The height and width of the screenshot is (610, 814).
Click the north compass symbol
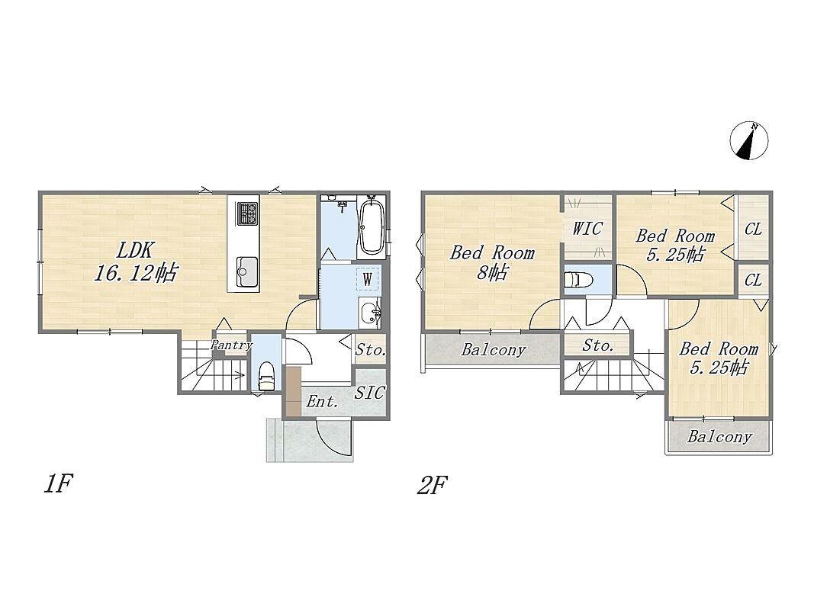tap(749, 140)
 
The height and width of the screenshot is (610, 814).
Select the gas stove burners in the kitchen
tap(248, 213)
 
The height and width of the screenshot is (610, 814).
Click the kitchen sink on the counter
tap(248, 271)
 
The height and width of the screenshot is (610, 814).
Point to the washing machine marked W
tap(367, 280)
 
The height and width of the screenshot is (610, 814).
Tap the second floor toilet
tap(578, 280)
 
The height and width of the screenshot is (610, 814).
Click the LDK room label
tap(134, 251)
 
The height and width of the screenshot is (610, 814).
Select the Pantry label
tap(231, 345)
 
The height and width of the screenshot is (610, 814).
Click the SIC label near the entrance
tap(370, 393)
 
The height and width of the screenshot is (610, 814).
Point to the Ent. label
tap(323, 401)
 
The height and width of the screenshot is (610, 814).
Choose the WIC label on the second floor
tap(587, 228)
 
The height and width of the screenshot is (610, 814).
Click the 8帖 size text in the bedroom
tap(493, 272)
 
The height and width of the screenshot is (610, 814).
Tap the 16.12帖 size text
tap(136, 273)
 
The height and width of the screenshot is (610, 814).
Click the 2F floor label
tap(432, 485)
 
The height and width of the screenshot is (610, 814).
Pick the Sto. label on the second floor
tap(597, 345)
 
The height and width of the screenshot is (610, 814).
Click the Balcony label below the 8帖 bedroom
tap(493, 350)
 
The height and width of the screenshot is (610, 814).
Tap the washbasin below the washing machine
tap(370, 313)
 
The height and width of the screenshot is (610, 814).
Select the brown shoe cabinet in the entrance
tap(293, 390)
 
